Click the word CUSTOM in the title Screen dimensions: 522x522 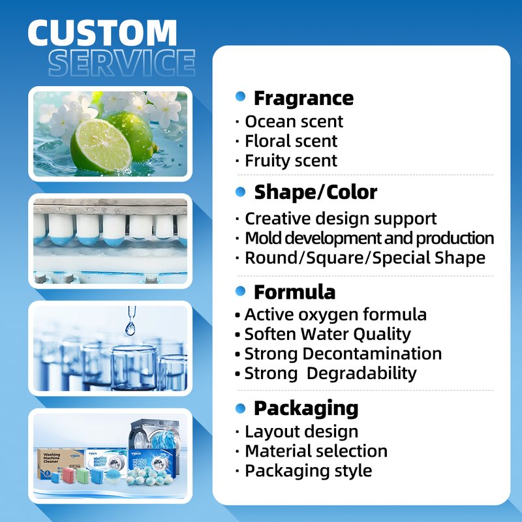102,33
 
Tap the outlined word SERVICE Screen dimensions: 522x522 122,63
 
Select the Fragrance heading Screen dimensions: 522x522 303,98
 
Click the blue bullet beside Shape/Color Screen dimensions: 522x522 241,192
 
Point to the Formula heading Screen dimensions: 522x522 294,292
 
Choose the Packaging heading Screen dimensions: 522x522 306,408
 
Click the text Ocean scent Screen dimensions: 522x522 294,121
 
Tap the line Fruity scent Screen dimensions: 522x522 291,161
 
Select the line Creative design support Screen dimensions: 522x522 341,219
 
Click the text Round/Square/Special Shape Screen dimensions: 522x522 365,258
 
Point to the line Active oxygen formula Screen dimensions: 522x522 335,315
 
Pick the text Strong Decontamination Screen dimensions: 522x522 343,354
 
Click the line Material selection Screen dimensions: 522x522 316,451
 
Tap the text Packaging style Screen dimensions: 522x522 308,470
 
